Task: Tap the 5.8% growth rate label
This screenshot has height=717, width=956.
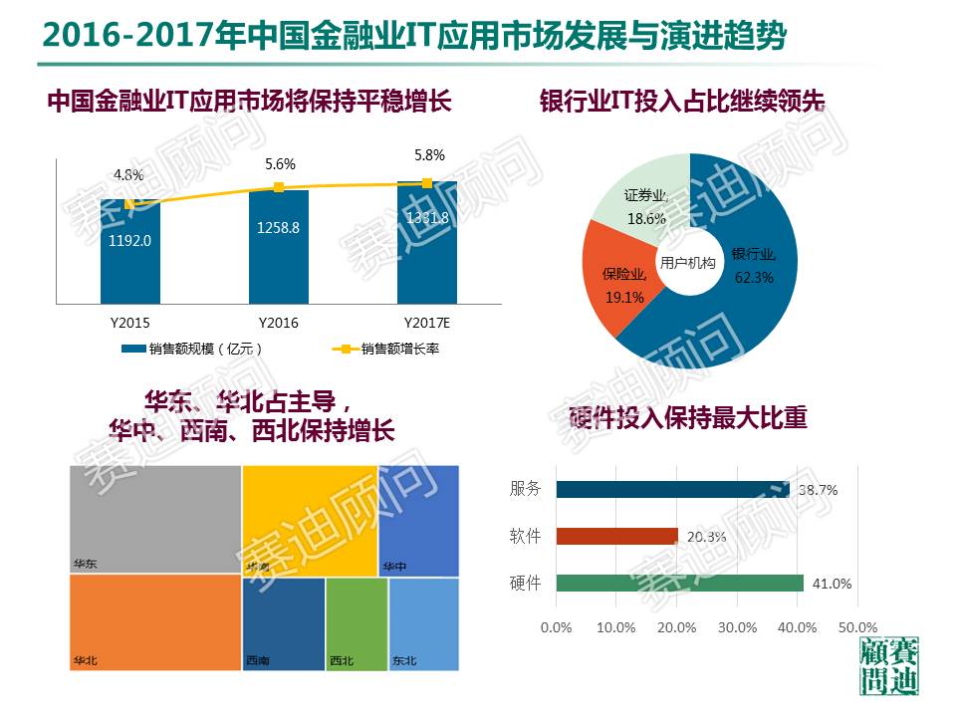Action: (429, 156)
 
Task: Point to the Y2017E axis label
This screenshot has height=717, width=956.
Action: (427, 323)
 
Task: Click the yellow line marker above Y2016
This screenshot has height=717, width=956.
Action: (279, 187)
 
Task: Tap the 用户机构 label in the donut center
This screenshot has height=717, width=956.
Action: (687, 263)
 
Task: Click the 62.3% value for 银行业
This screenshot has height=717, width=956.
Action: (753, 278)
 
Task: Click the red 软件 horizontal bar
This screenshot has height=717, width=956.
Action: (616, 536)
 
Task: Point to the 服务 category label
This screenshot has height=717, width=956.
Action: (525, 488)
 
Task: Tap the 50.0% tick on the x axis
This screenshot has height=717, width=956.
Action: (857, 627)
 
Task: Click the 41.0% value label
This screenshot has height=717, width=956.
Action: (832, 585)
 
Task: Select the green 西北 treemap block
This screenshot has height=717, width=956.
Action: (357, 623)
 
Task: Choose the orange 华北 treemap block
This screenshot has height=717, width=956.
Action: (155, 623)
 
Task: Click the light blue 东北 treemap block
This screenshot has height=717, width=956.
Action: (424, 623)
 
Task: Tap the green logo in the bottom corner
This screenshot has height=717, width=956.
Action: (887, 666)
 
